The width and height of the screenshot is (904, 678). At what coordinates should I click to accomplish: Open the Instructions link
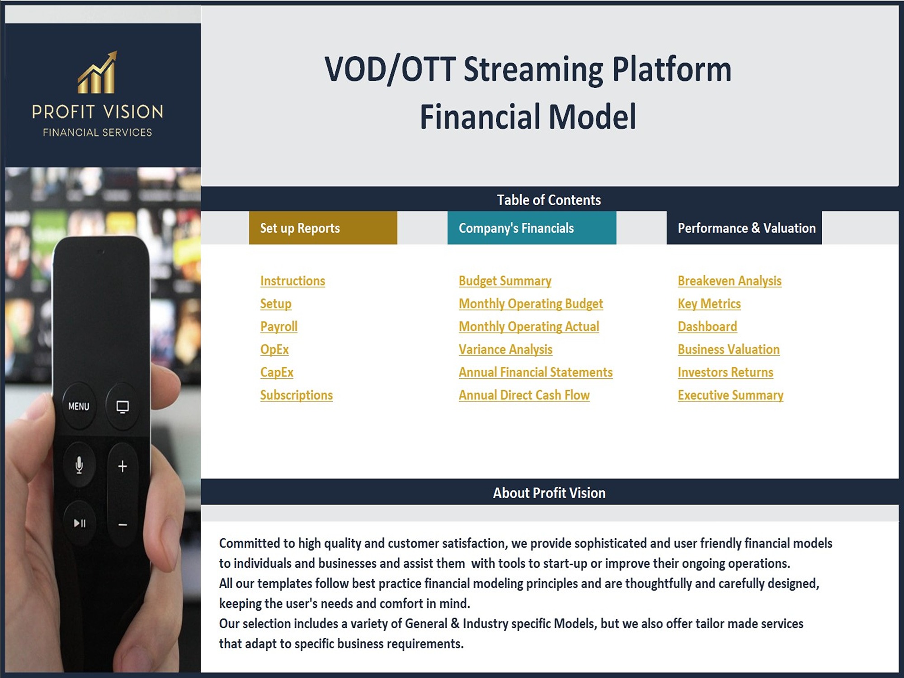tap(292, 281)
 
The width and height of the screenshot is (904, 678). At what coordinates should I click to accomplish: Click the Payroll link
tap(279, 326)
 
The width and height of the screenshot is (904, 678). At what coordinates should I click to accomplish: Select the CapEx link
tap(277, 372)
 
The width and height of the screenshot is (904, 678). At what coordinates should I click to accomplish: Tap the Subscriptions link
tap(297, 395)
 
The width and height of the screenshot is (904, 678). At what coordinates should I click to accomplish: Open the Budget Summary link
tap(505, 281)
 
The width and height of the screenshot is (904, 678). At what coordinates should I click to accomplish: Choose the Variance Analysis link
tap(505, 349)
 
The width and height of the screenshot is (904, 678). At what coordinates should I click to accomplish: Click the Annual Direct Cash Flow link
tap(524, 395)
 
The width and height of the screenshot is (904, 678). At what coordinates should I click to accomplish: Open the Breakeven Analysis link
tap(730, 281)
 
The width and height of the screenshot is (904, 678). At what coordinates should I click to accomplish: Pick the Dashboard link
tap(707, 326)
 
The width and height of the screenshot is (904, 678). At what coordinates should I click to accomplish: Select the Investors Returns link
tap(725, 372)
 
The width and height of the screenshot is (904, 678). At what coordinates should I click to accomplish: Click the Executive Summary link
tap(730, 395)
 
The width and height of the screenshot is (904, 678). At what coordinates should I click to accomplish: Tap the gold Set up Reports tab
tap(323, 228)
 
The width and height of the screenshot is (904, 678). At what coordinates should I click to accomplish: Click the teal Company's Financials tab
tap(532, 228)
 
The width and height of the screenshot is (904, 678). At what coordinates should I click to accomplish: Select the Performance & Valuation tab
tap(744, 228)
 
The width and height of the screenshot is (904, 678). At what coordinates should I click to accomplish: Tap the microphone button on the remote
tap(79, 465)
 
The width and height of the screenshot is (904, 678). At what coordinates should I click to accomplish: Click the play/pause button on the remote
tap(80, 523)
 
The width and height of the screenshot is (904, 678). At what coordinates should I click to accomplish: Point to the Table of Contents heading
tap(549, 200)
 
